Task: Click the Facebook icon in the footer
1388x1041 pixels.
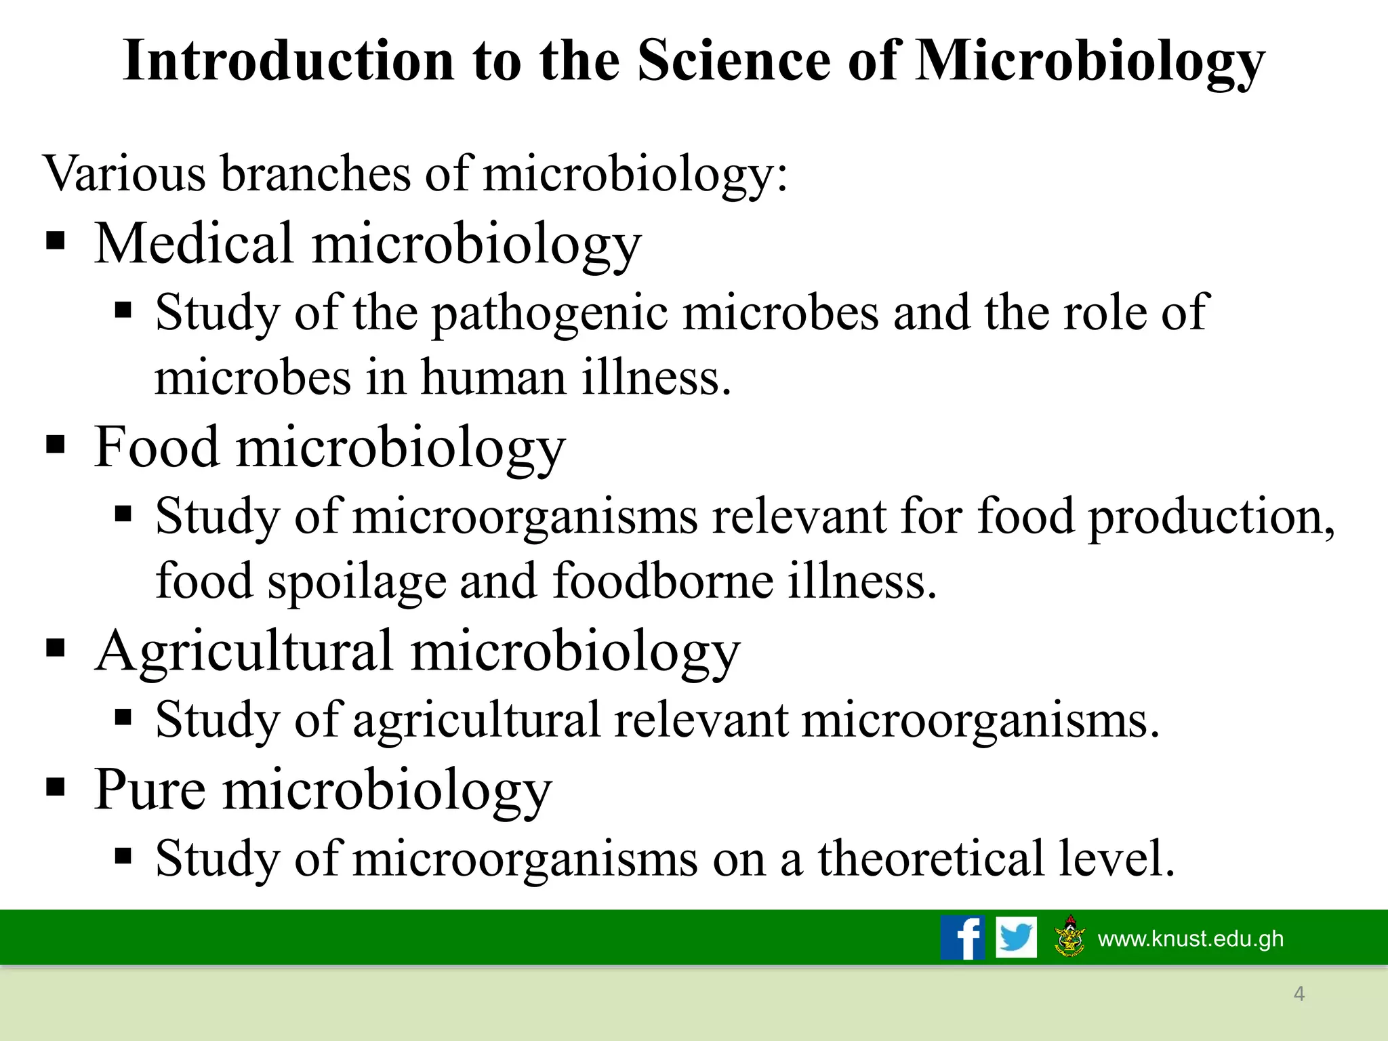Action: [x=962, y=937]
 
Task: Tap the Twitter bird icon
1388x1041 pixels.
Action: [x=1016, y=937]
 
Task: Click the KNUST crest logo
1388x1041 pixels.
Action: [x=1070, y=937]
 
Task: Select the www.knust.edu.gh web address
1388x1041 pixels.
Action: [x=1190, y=939]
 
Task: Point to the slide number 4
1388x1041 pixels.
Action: [x=1299, y=994]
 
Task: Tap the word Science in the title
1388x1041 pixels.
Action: [x=733, y=61]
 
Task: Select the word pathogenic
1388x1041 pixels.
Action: [x=550, y=314]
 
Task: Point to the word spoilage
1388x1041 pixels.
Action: [x=356, y=582]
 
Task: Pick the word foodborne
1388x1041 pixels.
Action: [x=663, y=581]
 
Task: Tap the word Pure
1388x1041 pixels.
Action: [x=150, y=789]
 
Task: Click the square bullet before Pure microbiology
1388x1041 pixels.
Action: [x=56, y=788]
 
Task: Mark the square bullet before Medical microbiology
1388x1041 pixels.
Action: [x=56, y=241]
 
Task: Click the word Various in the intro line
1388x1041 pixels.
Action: [x=124, y=173]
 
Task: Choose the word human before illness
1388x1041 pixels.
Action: [x=493, y=377]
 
